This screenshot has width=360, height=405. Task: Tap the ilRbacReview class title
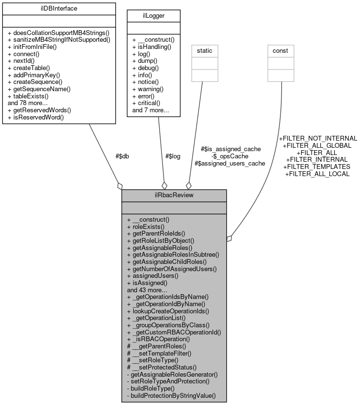(x=174, y=195)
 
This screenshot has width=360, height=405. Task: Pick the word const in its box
(x=280, y=50)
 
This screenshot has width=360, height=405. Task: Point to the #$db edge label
(x=122, y=156)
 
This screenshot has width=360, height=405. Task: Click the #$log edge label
(x=173, y=156)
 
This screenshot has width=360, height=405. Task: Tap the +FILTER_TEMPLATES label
(x=317, y=167)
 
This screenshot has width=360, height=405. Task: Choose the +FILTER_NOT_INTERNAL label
(x=318, y=138)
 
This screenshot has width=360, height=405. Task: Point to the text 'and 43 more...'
(x=147, y=290)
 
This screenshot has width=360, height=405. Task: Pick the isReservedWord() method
(x=36, y=117)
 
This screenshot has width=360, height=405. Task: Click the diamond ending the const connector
(x=230, y=238)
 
